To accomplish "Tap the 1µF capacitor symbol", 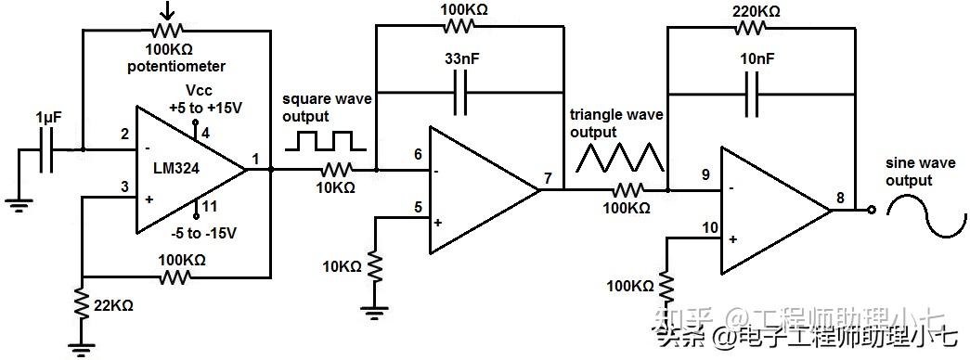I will coord(45,149).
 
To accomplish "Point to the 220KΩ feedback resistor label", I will coord(757,10).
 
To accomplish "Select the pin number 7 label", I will coord(549,178).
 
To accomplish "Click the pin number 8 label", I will coord(840,197).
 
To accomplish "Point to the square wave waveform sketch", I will coord(325,142).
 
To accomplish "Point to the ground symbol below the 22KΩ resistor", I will coord(83,347).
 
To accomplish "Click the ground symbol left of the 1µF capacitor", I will coord(16,205).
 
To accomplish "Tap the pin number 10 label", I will coord(709,226).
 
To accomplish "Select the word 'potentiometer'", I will coord(176,67).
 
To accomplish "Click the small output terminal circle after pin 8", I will coord(871,210).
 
